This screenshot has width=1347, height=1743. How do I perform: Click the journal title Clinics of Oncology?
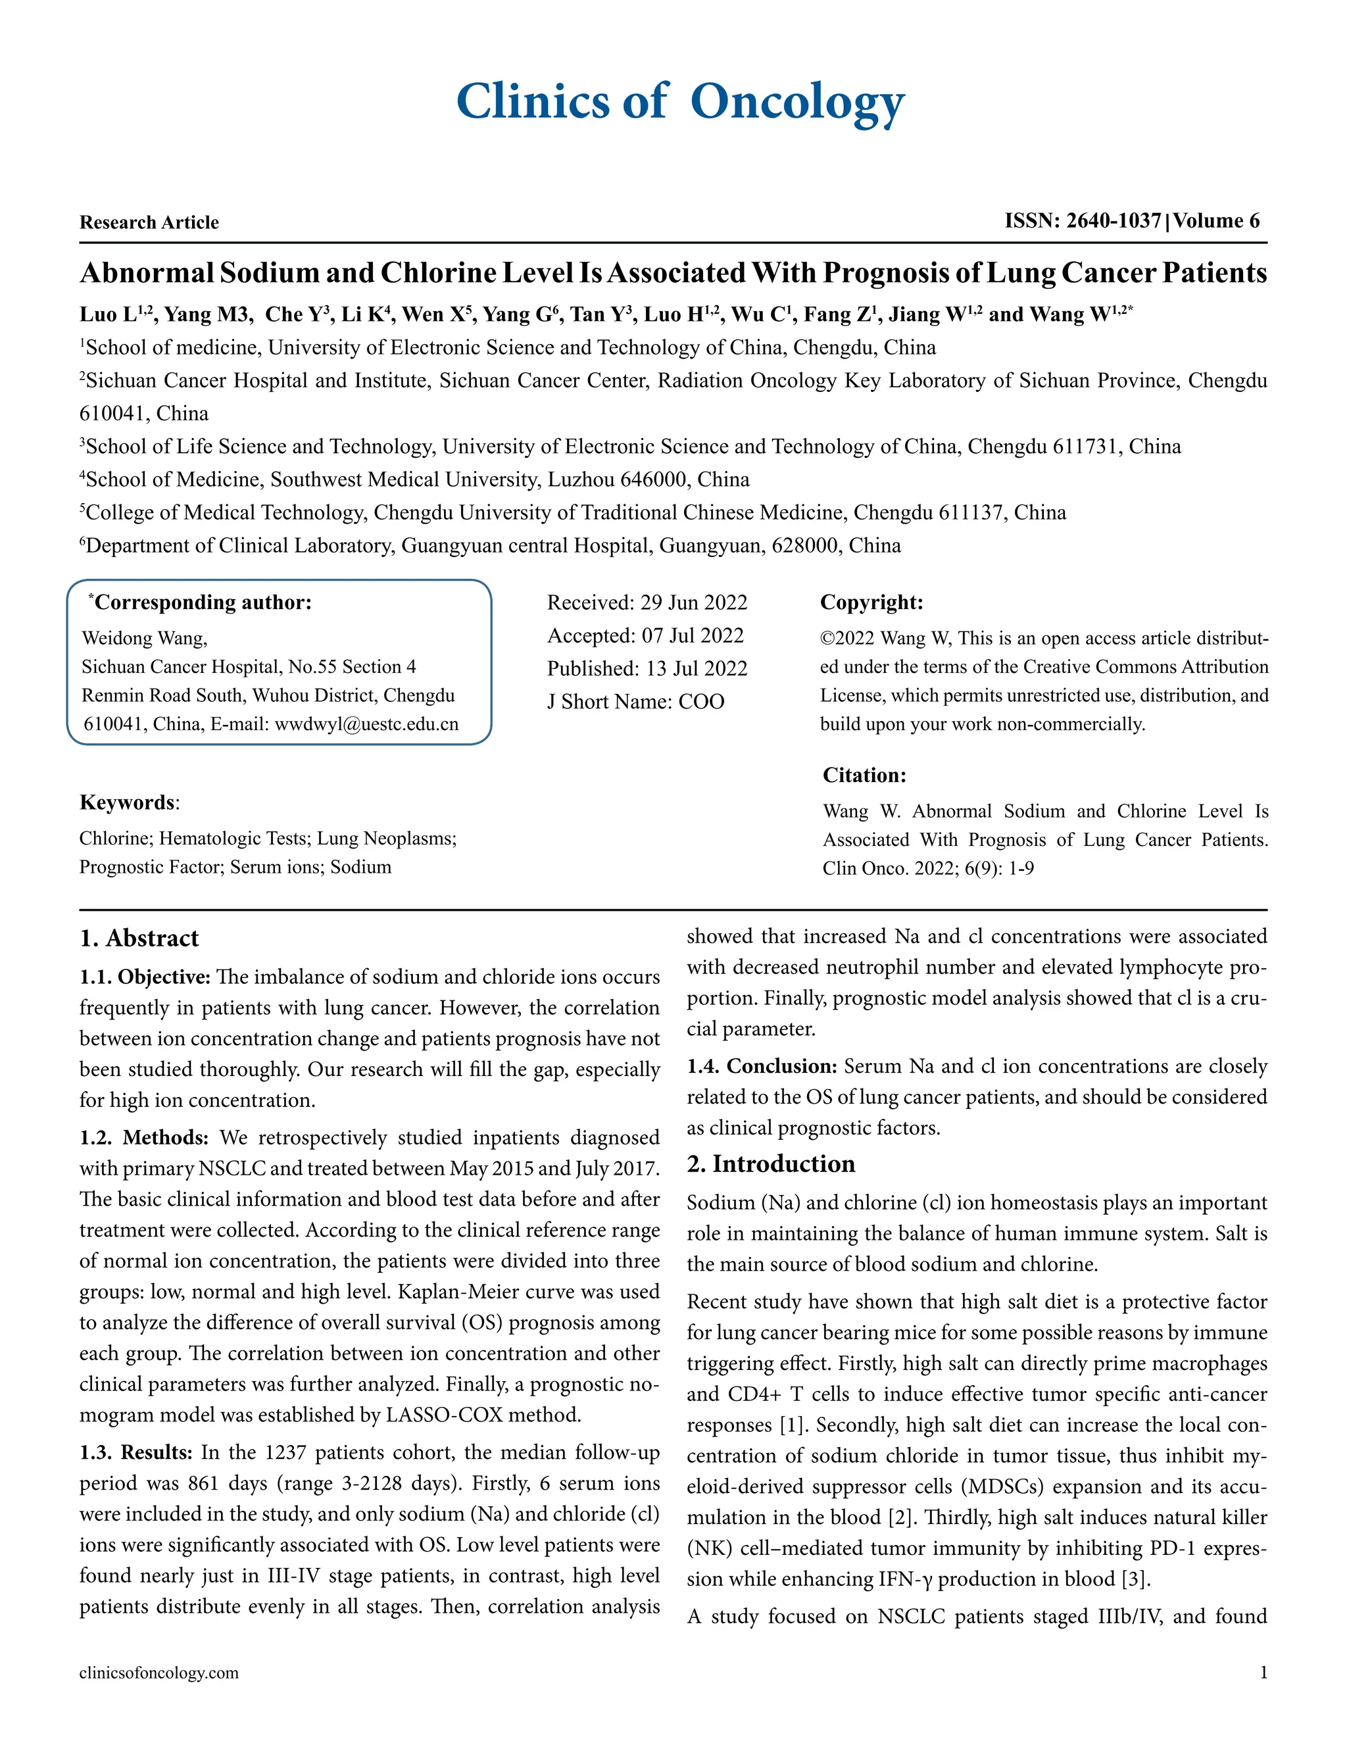(680, 102)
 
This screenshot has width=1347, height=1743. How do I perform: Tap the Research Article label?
(149, 223)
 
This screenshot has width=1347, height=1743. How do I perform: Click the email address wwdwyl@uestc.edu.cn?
(366, 725)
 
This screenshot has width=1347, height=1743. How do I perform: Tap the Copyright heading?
(871, 602)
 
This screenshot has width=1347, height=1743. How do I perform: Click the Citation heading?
(864, 775)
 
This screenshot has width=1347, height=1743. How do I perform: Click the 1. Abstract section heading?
(139, 939)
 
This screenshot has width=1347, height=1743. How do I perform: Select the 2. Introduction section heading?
(771, 1164)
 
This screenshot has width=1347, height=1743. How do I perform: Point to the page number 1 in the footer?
(1263, 1673)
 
